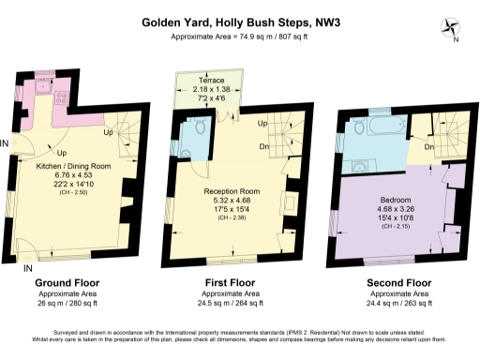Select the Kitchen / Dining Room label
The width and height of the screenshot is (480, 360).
click(x=74, y=165)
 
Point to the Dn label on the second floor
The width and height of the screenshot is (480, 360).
click(x=428, y=146)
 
